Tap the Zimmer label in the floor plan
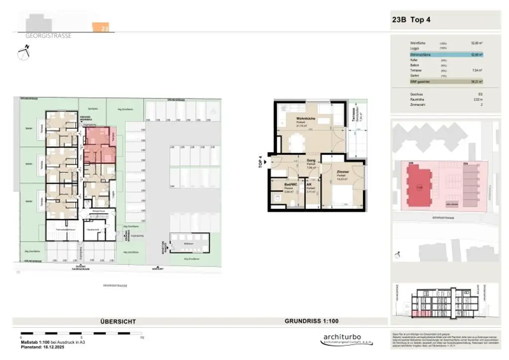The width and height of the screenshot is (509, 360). (342, 172)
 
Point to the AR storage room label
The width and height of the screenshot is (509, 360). (309, 184)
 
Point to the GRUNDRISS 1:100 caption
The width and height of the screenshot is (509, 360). (312, 321)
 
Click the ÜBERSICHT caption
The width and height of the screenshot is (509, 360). (118, 322)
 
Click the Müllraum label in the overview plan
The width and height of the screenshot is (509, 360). (189, 243)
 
